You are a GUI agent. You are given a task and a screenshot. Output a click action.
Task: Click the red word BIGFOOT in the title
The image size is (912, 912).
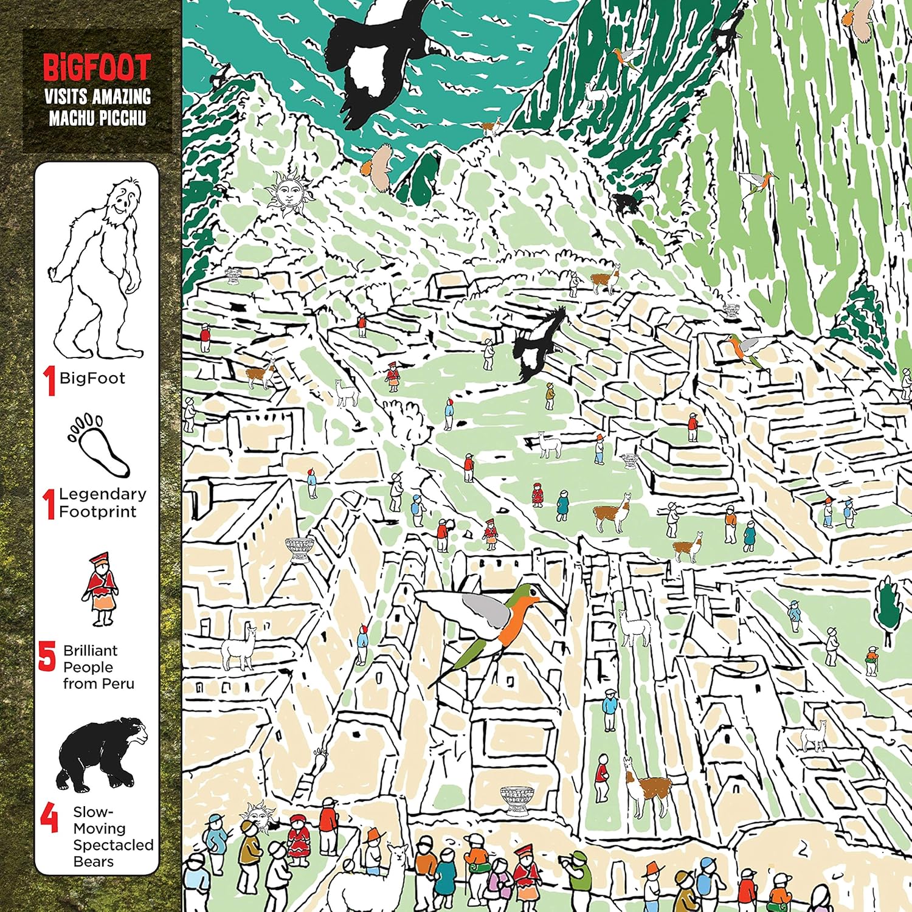(x=97, y=67)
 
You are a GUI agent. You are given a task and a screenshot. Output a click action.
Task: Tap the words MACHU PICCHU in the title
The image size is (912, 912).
(x=97, y=117)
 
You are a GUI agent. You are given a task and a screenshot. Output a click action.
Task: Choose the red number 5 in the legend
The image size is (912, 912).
(x=47, y=657)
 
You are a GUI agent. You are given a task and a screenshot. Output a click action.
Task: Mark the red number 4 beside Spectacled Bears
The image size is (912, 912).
(x=49, y=818)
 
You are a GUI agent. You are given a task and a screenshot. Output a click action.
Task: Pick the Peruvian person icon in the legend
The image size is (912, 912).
(x=100, y=589)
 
